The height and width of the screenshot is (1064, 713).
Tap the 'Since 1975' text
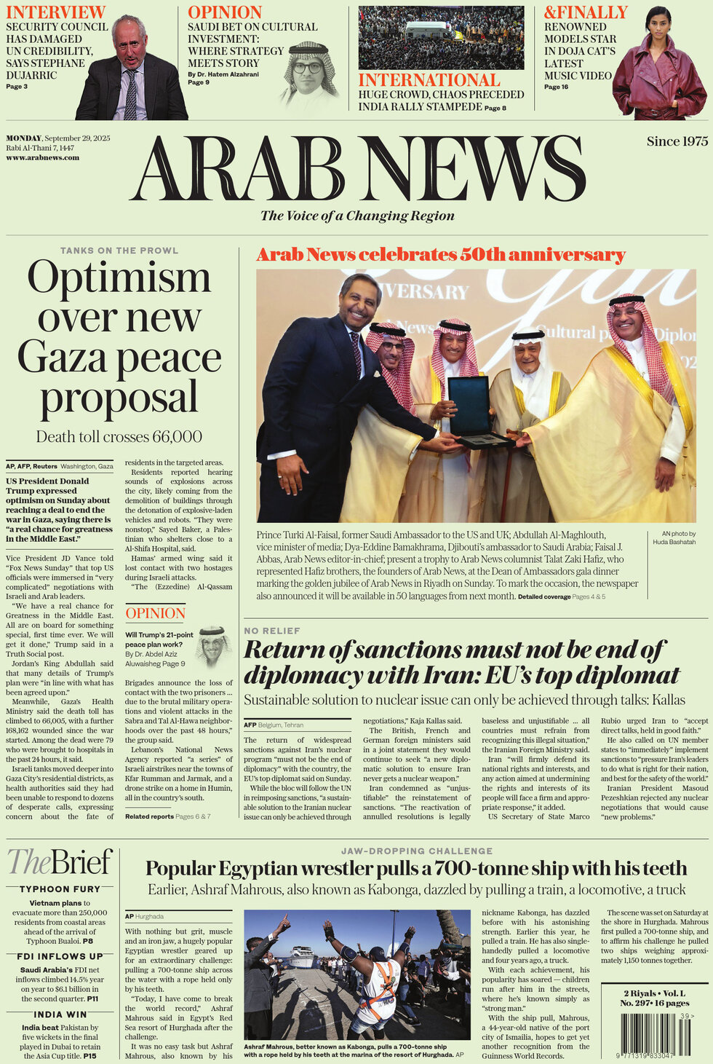677,141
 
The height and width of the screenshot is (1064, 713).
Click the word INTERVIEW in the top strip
55,12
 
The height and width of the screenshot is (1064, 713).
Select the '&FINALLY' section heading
586,12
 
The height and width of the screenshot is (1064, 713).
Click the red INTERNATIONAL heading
429,80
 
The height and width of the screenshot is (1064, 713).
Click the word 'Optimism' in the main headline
119,278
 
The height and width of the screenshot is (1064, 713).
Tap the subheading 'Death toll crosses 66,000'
119,437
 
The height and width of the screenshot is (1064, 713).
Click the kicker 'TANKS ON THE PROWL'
119,251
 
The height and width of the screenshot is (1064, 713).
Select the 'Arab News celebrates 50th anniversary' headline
441,255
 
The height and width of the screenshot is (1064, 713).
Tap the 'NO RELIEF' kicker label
271,631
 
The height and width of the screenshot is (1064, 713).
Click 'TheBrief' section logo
60,862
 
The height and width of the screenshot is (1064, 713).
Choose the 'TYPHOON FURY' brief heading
60,888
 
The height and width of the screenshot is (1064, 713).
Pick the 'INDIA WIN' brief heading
60,1014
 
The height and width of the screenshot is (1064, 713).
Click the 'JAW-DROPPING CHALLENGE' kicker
416,851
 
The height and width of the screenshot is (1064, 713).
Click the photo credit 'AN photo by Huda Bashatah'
674,537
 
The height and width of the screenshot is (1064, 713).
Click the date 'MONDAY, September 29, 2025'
58,138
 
